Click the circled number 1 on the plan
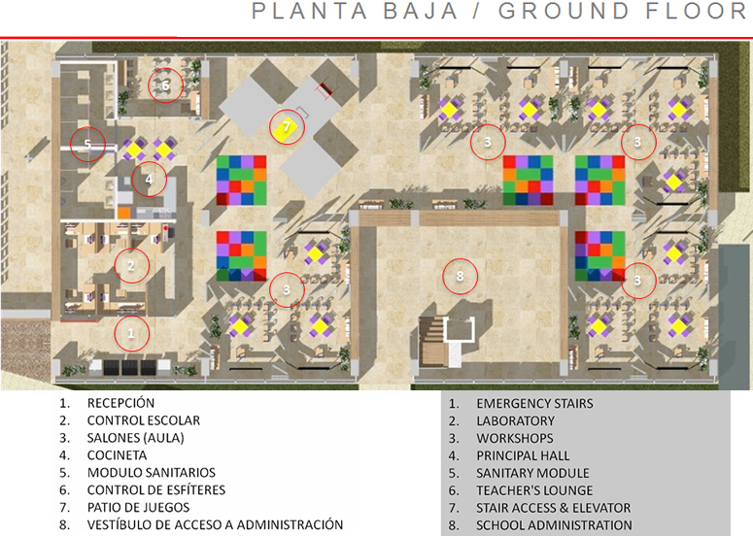click(x=132, y=334)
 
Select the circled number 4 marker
click(x=149, y=179)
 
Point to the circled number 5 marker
click(x=87, y=145)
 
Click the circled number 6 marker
click(x=165, y=85)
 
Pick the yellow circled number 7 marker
click(x=286, y=127)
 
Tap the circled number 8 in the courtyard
click(x=461, y=276)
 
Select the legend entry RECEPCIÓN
click(x=120, y=402)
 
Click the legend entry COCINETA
click(x=117, y=454)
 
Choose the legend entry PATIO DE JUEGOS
click(x=138, y=507)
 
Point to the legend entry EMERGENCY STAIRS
click(x=534, y=403)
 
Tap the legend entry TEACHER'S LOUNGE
click(x=534, y=490)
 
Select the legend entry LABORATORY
click(x=515, y=420)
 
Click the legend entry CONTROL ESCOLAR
click(x=143, y=419)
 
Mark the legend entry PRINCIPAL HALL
click(x=523, y=455)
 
